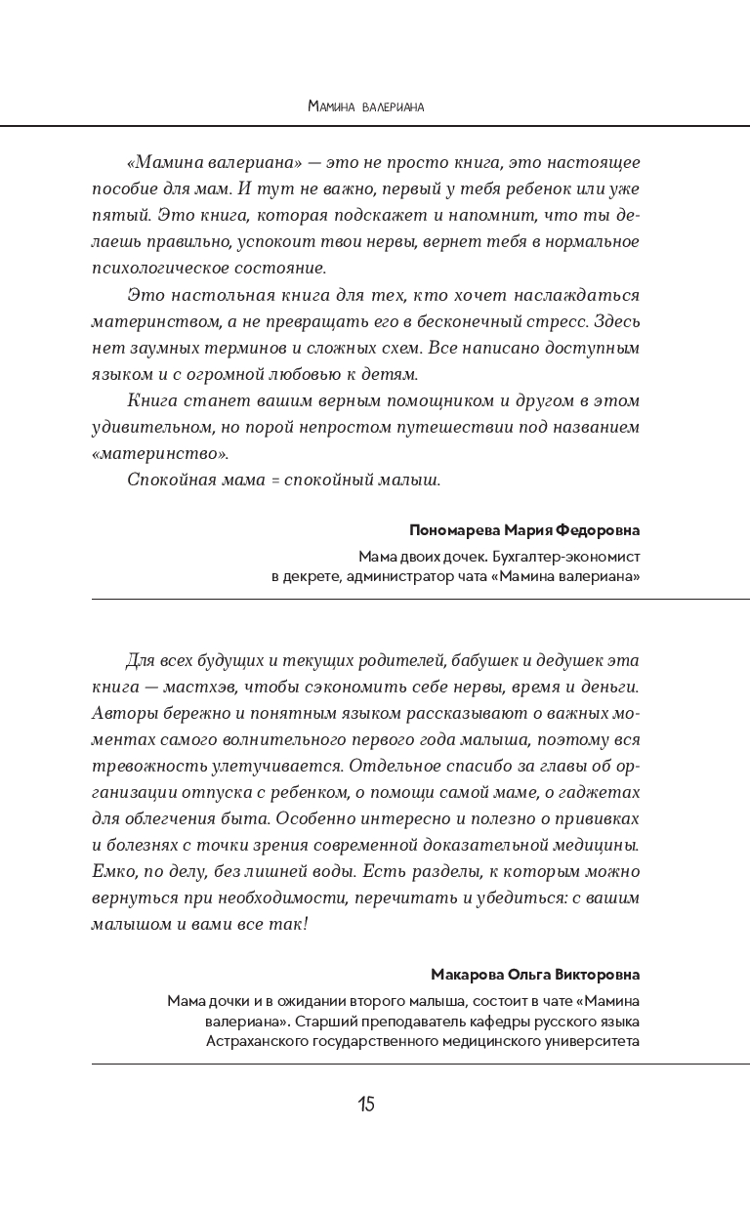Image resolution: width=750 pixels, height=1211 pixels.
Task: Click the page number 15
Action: coord(365,1105)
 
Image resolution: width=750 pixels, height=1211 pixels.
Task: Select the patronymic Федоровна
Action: coord(598,530)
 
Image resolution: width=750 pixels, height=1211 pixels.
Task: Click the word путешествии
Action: coord(463,427)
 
